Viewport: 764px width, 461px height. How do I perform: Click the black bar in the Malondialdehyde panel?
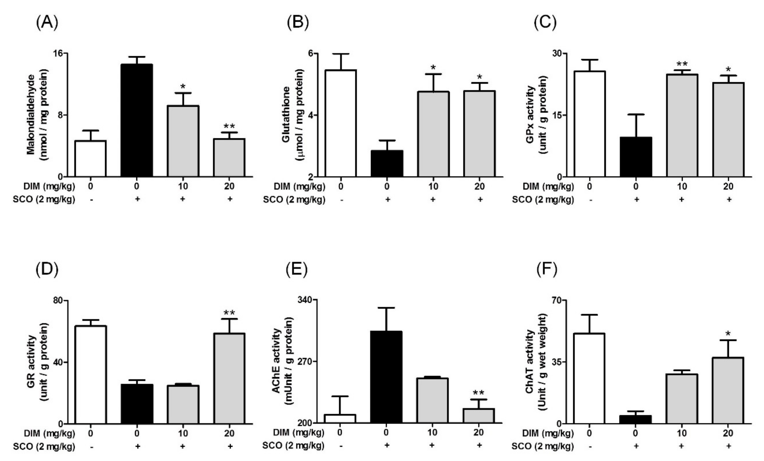click(x=137, y=121)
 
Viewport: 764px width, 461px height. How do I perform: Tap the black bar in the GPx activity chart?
click(x=636, y=157)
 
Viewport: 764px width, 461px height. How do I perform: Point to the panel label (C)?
click(x=545, y=23)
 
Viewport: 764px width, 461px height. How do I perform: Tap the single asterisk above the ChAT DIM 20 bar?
click(x=728, y=334)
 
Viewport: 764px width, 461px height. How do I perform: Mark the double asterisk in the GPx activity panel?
click(x=682, y=64)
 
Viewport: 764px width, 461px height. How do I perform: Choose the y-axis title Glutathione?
click(x=286, y=115)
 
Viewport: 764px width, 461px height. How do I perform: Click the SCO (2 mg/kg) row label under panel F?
click(x=543, y=446)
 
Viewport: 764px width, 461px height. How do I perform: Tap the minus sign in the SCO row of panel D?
click(x=91, y=446)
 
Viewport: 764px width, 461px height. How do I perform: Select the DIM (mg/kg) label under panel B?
click(x=299, y=187)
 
